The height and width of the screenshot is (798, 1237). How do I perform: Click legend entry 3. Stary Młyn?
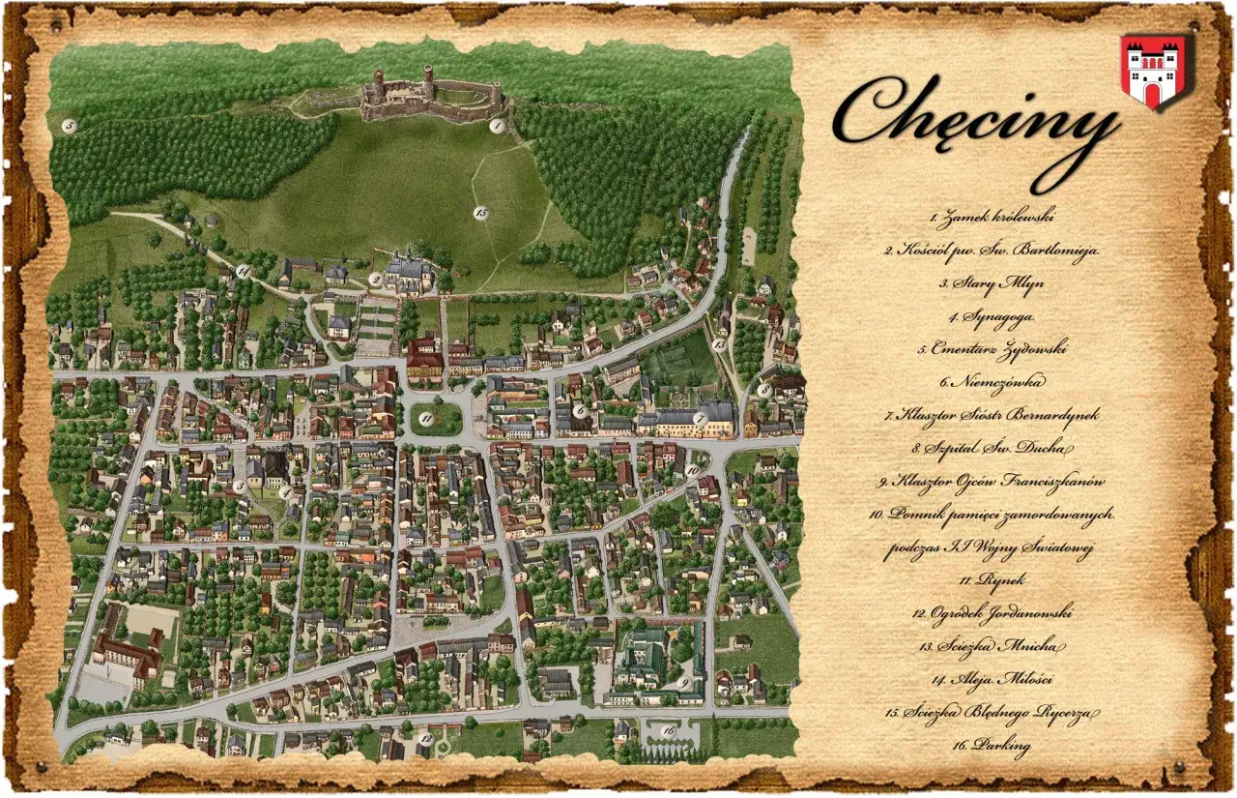992,283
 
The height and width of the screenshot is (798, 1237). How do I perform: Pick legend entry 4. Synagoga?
992,316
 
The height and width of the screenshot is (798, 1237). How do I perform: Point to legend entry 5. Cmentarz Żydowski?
992,349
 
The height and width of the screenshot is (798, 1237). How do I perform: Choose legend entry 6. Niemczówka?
992,382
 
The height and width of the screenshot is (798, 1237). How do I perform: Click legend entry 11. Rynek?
992,579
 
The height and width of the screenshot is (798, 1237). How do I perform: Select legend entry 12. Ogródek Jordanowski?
992,612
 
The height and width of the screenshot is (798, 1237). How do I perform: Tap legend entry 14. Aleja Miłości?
992,678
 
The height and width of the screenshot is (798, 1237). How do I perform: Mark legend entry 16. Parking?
992,745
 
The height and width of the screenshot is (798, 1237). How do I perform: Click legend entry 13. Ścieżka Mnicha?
992,645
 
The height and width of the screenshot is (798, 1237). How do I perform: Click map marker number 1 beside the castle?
497,126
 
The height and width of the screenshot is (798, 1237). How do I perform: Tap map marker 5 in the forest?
69,126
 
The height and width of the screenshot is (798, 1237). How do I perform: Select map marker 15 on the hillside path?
480,213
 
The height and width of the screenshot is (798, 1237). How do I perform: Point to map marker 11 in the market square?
426,418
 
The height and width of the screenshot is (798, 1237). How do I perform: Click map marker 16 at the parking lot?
669,730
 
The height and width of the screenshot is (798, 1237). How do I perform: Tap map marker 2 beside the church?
375,280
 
